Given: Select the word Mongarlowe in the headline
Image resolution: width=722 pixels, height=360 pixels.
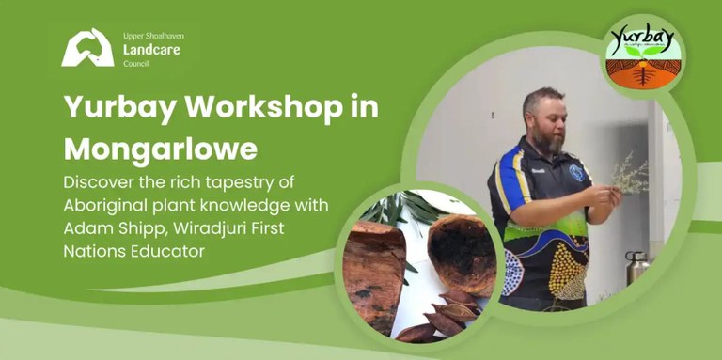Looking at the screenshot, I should click(160, 149).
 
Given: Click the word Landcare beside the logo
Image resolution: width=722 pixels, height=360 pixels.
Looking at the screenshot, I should click(151, 49).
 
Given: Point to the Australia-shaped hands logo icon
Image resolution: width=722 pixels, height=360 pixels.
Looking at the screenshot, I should click(87, 48).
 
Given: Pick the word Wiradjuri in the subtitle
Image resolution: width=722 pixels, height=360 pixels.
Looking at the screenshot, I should click(217, 227).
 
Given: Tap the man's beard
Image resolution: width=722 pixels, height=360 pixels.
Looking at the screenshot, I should click(552, 142).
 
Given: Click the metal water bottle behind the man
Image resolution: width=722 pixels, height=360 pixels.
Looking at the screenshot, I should click(636, 268).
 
